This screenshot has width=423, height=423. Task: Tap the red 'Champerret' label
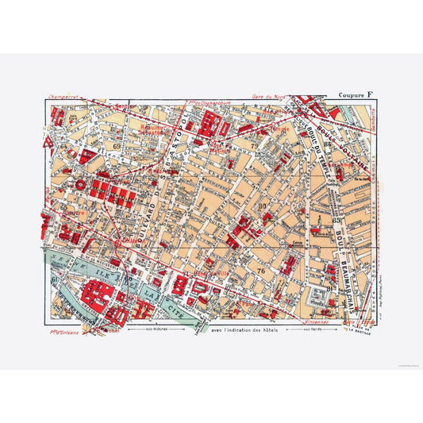(x=66, y=98)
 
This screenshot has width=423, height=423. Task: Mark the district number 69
(x=117, y=145)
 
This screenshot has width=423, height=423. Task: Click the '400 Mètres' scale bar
(x=150, y=329)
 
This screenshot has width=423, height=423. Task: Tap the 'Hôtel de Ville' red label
(x=213, y=274)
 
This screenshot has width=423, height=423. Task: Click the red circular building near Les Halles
(x=80, y=182)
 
